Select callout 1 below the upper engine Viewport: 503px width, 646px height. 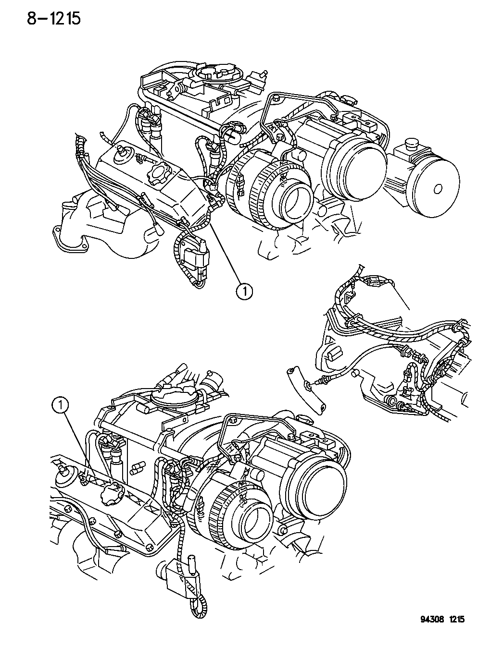coord(244,292)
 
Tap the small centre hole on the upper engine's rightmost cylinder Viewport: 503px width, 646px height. coord(437,189)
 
